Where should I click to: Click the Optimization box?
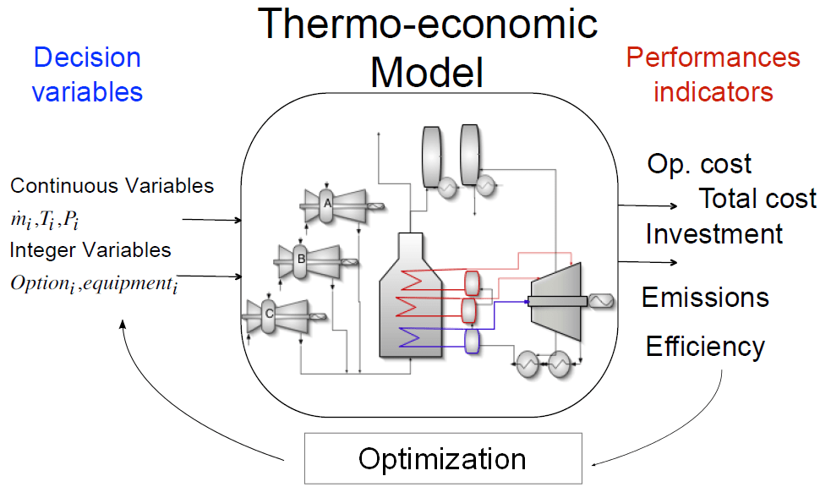(442, 459)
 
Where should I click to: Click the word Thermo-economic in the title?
(428, 24)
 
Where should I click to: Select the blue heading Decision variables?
(87, 74)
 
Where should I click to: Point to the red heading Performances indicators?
(713, 74)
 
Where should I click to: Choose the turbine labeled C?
(269, 313)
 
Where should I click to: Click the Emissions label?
(705, 298)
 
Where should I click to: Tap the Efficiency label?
(705, 346)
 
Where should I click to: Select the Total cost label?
(757, 199)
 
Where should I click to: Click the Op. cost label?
(699, 163)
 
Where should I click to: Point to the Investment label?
(714, 233)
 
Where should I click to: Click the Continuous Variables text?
(112, 186)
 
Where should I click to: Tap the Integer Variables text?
(90, 250)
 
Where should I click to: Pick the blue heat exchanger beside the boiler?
(472, 340)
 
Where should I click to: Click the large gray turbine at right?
(553, 298)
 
